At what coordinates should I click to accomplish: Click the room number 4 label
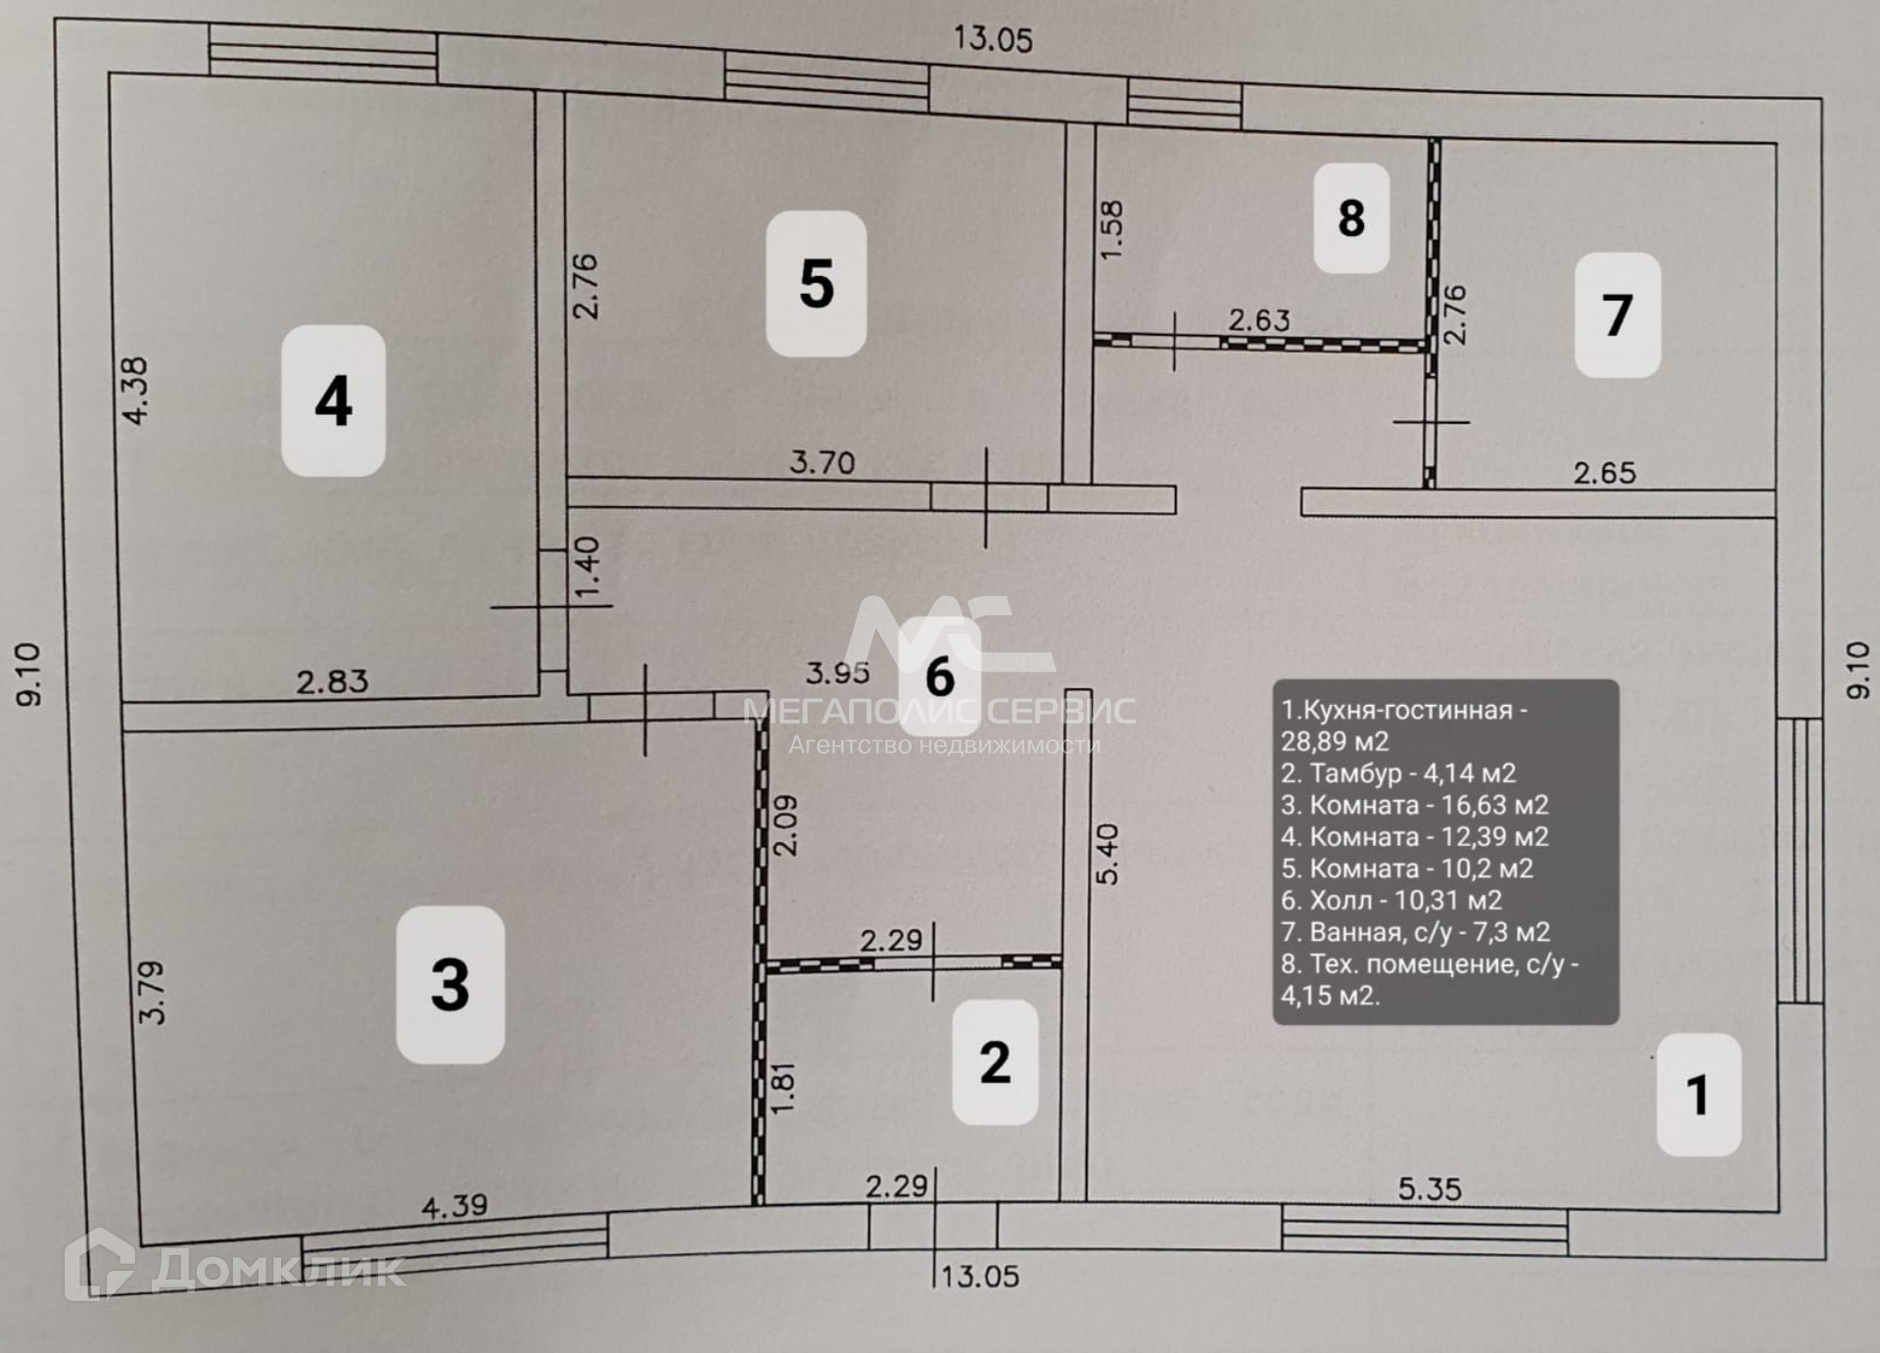333,400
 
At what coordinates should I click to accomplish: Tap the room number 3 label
449,984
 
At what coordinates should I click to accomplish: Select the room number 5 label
816,284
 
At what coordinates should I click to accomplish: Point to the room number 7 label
1617,315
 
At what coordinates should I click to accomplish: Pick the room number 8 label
1351,217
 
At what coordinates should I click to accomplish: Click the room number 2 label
995,1062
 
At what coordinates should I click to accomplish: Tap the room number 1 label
1698,1094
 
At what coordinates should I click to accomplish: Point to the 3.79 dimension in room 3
152,992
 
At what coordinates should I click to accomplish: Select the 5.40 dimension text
1106,854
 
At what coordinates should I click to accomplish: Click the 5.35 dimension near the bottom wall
1429,1190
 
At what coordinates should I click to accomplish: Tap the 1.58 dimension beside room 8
1112,230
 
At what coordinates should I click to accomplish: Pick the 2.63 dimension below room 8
1259,320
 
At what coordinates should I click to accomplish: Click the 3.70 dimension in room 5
822,461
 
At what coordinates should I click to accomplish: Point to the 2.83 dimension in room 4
332,680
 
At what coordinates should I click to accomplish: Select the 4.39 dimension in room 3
454,1206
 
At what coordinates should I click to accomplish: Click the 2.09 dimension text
785,825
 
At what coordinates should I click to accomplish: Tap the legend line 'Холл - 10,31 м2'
1391,900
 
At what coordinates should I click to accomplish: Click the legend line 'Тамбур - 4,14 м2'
1398,773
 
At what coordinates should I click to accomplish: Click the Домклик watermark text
278,1270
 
